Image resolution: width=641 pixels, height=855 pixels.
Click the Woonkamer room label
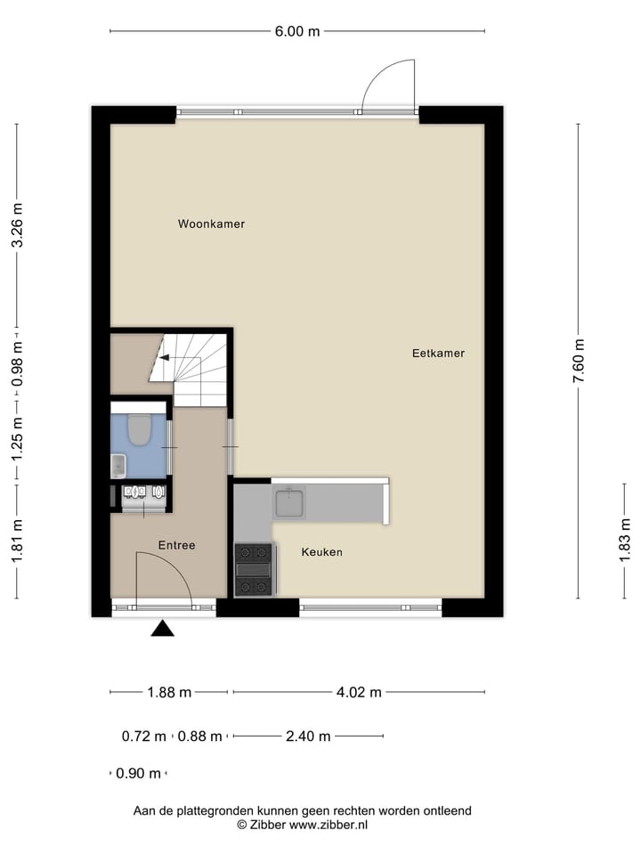211,224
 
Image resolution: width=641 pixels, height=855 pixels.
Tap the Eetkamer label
438,353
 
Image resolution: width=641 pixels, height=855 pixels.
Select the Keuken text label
321,552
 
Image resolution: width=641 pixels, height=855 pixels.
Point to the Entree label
176,545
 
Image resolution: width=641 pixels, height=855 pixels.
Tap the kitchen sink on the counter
290,503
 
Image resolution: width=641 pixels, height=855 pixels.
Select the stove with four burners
253,569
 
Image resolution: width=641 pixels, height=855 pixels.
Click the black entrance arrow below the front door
162,629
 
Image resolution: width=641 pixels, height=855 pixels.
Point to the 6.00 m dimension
297,32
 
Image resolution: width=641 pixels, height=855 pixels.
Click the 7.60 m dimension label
580,362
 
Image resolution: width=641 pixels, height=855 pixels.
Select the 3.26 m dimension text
17,227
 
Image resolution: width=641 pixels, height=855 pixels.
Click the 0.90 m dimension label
139,773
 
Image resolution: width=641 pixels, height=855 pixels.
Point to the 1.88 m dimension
169,692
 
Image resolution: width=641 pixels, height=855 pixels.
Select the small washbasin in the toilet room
118,466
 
